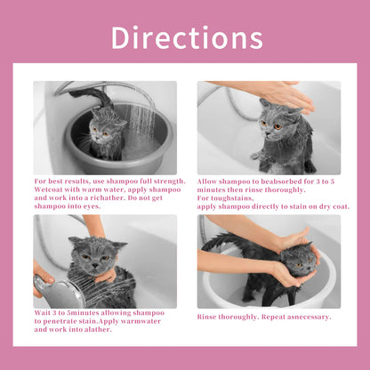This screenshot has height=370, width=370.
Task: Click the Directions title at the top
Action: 186,37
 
